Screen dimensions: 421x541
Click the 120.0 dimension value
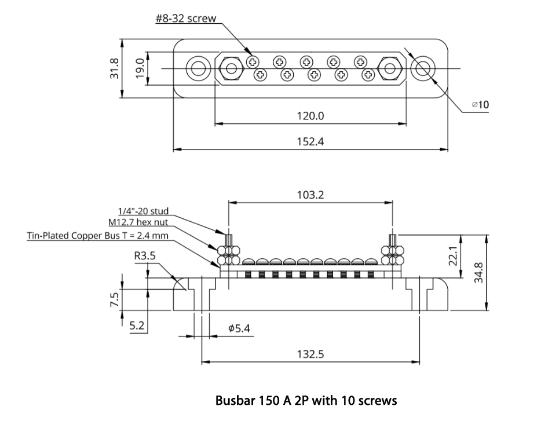pos(310,116)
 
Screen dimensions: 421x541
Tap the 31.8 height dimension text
pos(115,69)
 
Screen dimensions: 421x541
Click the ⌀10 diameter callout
pos(480,105)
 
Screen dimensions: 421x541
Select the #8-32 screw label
pos(185,19)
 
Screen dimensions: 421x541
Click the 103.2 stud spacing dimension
pos(310,195)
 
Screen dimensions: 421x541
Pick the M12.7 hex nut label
pos(138,223)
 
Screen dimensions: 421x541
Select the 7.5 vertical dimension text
pos(115,299)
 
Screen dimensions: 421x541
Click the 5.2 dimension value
pos(137,326)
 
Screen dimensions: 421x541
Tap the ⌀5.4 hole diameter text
pos(239,328)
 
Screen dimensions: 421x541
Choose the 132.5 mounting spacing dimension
pos(310,354)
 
